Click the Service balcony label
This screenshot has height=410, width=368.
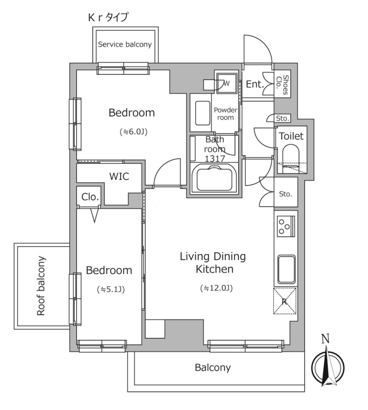(x=125, y=44)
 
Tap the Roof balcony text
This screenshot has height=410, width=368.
(x=41, y=286)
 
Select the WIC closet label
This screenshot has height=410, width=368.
(x=119, y=176)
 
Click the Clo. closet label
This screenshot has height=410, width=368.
(x=90, y=197)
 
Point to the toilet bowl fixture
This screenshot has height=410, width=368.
(x=291, y=157)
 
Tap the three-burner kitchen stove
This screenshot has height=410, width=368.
(x=286, y=227)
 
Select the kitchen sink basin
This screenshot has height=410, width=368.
(x=286, y=269)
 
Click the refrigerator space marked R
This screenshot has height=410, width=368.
(x=285, y=301)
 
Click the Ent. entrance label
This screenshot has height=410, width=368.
(x=255, y=84)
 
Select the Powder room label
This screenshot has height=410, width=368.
(x=225, y=114)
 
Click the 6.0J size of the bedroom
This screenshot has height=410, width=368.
(x=133, y=132)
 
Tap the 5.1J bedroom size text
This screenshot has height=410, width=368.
(x=111, y=289)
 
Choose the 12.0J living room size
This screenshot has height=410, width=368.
(x=216, y=288)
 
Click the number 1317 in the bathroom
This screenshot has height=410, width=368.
(x=215, y=159)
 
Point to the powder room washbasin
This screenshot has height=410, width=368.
(x=203, y=113)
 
